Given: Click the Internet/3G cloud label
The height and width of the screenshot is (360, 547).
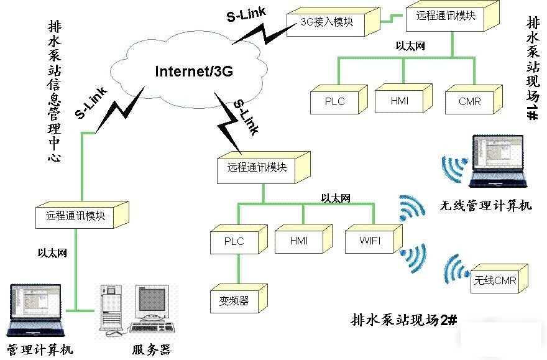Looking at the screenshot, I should click(x=193, y=72).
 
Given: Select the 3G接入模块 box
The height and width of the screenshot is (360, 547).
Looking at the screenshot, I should click(x=327, y=22).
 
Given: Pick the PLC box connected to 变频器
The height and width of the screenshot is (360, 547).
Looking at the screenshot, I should click(x=234, y=241).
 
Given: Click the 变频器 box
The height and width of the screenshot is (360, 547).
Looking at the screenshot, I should click(x=234, y=301).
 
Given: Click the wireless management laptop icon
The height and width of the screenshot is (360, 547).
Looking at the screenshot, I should click(x=497, y=161).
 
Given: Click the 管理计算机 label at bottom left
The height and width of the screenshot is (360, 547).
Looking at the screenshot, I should click(x=40, y=349).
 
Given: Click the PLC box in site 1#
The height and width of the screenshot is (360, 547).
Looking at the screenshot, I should click(x=334, y=101).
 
